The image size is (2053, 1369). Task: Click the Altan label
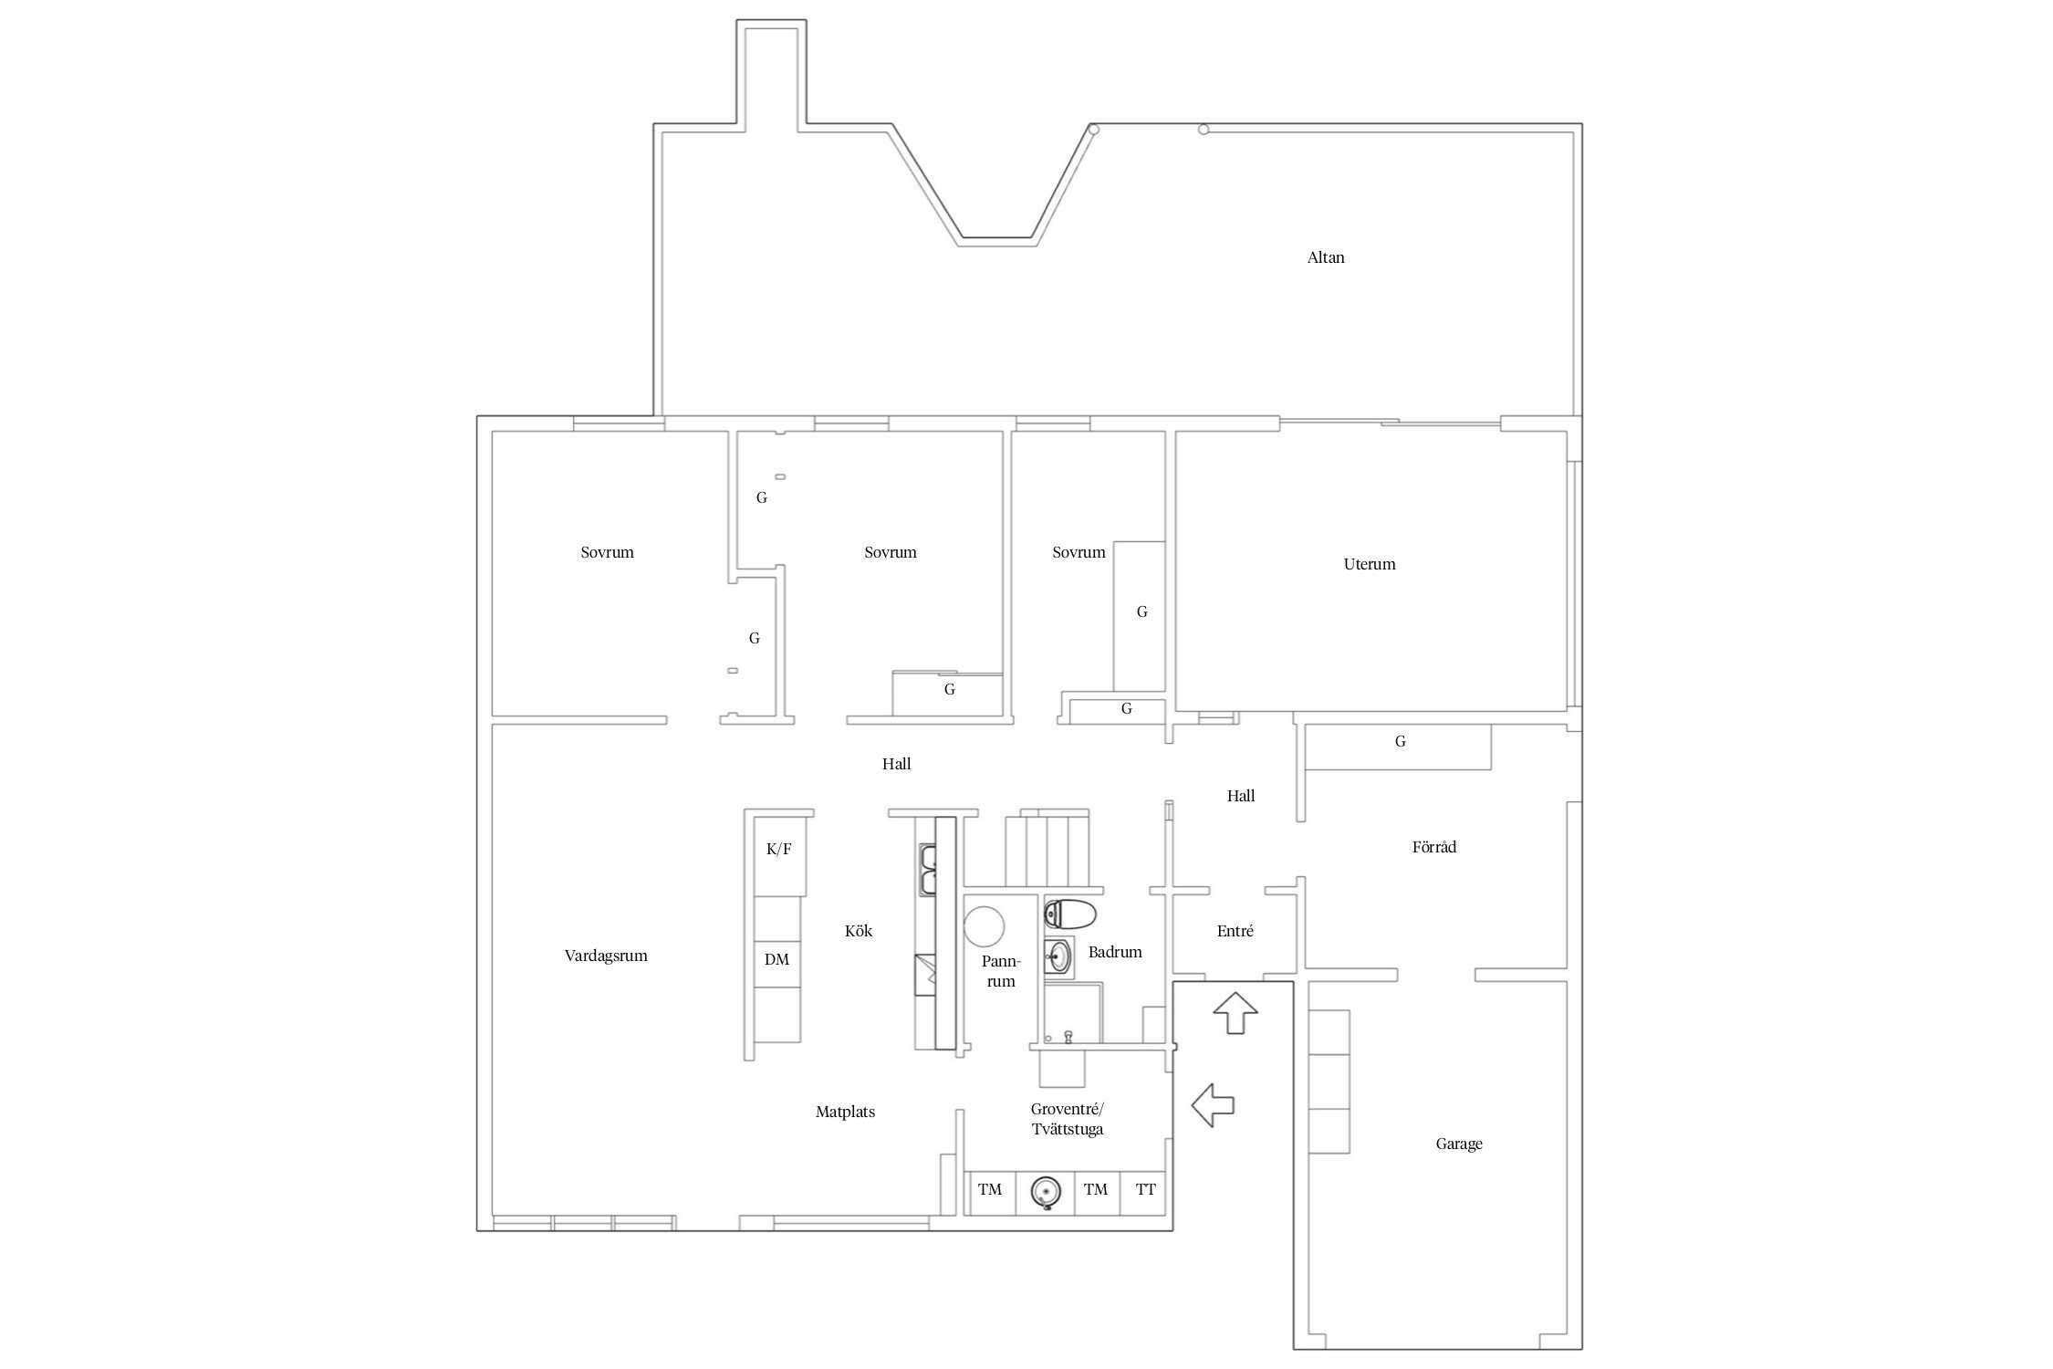point(1325,257)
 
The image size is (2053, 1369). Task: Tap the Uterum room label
point(1369,564)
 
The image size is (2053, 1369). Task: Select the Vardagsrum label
point(606,956)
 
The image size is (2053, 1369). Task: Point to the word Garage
point(1458,1144)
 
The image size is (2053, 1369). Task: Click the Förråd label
point(1433,847)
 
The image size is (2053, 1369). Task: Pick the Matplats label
point(845,1112)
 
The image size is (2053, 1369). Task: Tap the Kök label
point(858,931)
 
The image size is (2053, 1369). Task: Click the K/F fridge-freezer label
point(778,850)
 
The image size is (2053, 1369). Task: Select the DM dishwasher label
point(776,959)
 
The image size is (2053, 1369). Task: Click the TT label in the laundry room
point(1145,1189)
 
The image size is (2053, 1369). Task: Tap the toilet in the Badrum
point(1069,913)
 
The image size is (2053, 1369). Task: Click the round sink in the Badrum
point(1058,956)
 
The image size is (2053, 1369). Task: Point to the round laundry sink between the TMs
point(1046,1191)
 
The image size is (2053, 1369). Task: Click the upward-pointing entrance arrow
point(1235,1012)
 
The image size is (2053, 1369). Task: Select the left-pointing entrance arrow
point(1213,1104)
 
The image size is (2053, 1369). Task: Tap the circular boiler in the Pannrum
point(984,926)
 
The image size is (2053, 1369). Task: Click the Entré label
point(1235,931)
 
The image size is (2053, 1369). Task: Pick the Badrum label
point(1114,952)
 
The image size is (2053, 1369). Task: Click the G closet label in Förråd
point(1400,742)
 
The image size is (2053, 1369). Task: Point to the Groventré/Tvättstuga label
point(1067,1119)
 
